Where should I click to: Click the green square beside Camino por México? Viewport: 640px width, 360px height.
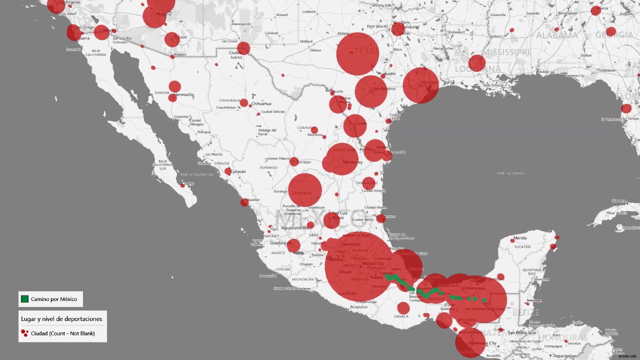click(x=24, y=299)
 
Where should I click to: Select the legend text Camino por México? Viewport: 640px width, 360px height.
click(x=54, y=299)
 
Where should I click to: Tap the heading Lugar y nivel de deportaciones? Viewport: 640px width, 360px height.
click(x=61, y=318)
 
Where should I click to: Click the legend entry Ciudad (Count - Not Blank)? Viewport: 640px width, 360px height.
click(x=62, y=333)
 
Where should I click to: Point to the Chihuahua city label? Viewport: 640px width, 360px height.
click(x=261, y=103)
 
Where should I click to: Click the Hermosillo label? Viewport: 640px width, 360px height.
click(x=184, y=94)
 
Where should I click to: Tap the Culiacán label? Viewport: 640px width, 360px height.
click(x=238, y=171)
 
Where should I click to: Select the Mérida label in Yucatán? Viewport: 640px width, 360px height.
click(x=520, y=238)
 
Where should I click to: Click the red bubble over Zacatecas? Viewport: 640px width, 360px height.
click(x=305, y=190)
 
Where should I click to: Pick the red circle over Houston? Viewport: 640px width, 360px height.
click(x=421, y=85)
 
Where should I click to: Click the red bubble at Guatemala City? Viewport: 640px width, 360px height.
click(x=470, y=343)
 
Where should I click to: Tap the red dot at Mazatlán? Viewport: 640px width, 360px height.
click(x=244, y=202)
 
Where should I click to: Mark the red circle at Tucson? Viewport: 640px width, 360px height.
click(x=172, y=39)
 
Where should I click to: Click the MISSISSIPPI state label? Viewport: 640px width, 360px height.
click(x=505, y=52)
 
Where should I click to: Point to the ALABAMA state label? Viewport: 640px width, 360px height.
click(x=557, y=35)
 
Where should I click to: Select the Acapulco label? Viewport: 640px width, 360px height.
click(x=358, y=307)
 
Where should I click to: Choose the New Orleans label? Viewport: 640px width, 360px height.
click(x=493, y=85)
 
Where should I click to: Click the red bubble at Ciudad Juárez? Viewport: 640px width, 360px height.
click(x=243, y=48)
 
